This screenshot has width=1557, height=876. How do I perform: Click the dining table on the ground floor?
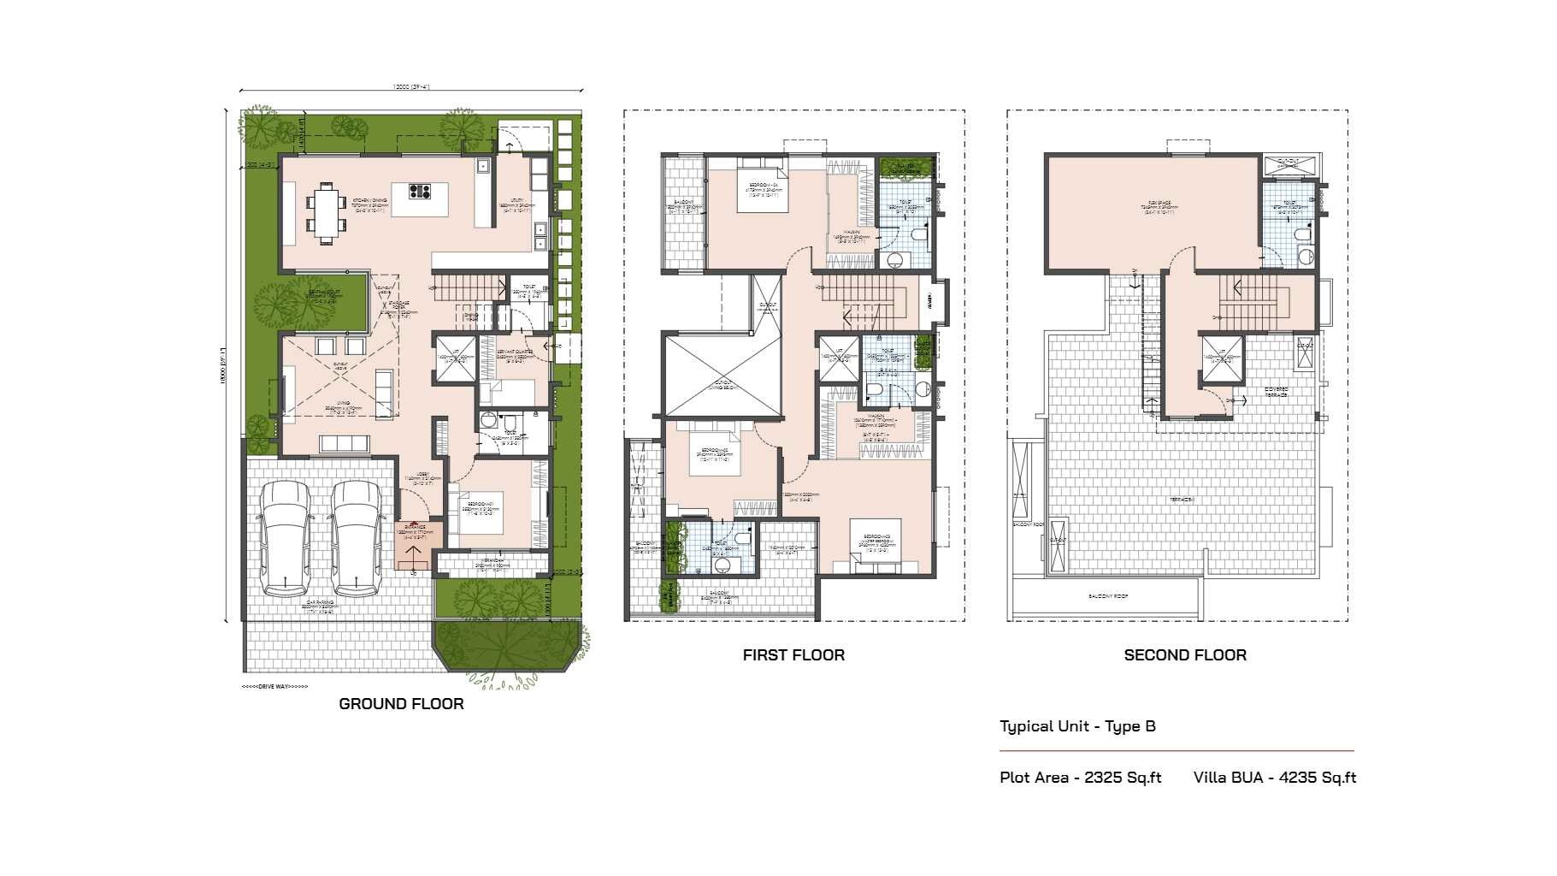pos(326,212)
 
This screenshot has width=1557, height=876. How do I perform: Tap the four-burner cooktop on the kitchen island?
pos(419,192)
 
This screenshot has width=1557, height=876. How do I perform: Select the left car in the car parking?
pos(285,537)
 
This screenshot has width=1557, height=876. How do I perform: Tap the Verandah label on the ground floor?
pos(491,562)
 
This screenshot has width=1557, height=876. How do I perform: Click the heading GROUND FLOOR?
pos(401,704)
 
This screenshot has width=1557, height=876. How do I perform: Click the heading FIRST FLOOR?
pos(793,655)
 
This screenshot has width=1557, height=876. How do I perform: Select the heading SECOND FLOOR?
pos(1184,655)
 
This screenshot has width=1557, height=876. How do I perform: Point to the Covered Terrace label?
pos(1277,391)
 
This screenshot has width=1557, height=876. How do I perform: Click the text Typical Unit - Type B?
pos(1077,726)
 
